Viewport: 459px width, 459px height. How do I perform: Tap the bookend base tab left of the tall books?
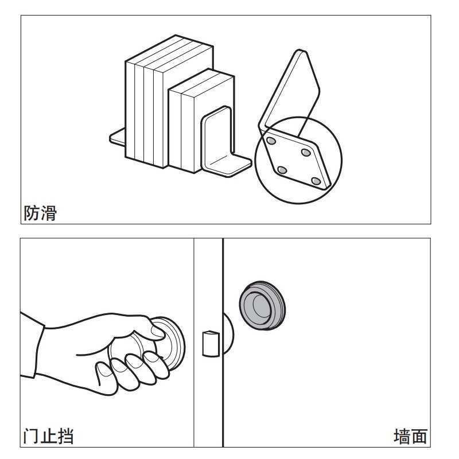pos(118,137)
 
